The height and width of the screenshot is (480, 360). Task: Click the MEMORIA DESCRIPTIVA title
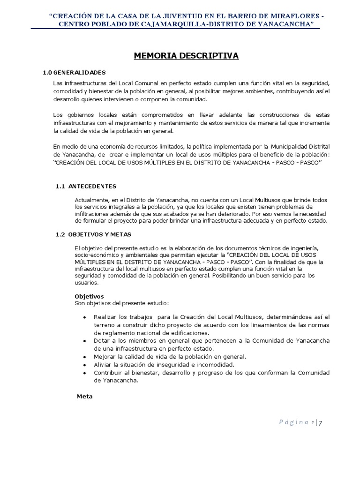(x=186, y=56)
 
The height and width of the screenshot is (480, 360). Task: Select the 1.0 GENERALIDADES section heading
(x=74, y=72)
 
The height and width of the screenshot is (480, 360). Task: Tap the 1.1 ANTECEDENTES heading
(x=86, y=186)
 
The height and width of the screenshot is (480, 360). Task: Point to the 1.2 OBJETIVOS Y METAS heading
(x=93, y=234)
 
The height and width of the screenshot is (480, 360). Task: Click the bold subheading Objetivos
(x=90, y=296)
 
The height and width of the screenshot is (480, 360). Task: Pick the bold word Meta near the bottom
(x=84, y=396)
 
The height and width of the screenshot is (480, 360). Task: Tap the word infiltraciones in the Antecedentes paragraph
(x=93, y=214)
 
